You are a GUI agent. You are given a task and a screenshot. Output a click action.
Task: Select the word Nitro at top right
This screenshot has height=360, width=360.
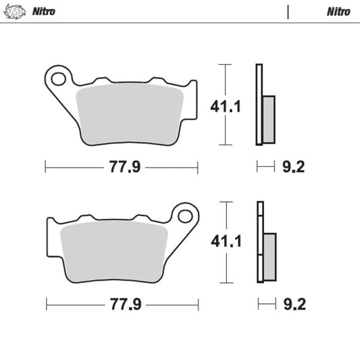point(338,11)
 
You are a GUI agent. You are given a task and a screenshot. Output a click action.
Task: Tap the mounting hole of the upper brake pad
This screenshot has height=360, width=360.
point(59,78)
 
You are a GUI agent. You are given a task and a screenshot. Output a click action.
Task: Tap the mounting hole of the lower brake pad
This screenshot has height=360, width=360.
point(184,216)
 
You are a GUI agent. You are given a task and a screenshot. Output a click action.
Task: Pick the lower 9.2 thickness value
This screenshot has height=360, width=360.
point(294,305)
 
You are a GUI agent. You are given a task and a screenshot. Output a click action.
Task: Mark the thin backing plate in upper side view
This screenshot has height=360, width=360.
point(258,105)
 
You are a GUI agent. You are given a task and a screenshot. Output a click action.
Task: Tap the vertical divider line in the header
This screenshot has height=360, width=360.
point(288,11)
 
